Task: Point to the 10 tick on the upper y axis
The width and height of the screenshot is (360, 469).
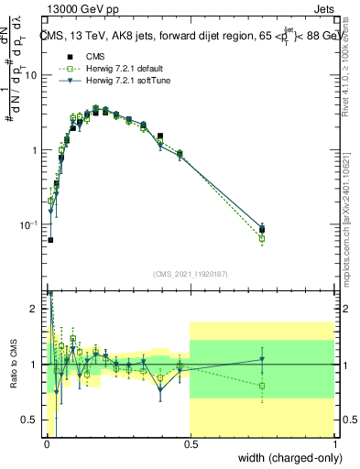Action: click(29, 75)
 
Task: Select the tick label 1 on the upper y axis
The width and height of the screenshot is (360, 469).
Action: click(33, 149)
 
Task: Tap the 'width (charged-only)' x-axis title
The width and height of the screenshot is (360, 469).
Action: click(289, 458)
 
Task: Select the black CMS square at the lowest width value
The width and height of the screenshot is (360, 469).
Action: click(49, 240)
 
